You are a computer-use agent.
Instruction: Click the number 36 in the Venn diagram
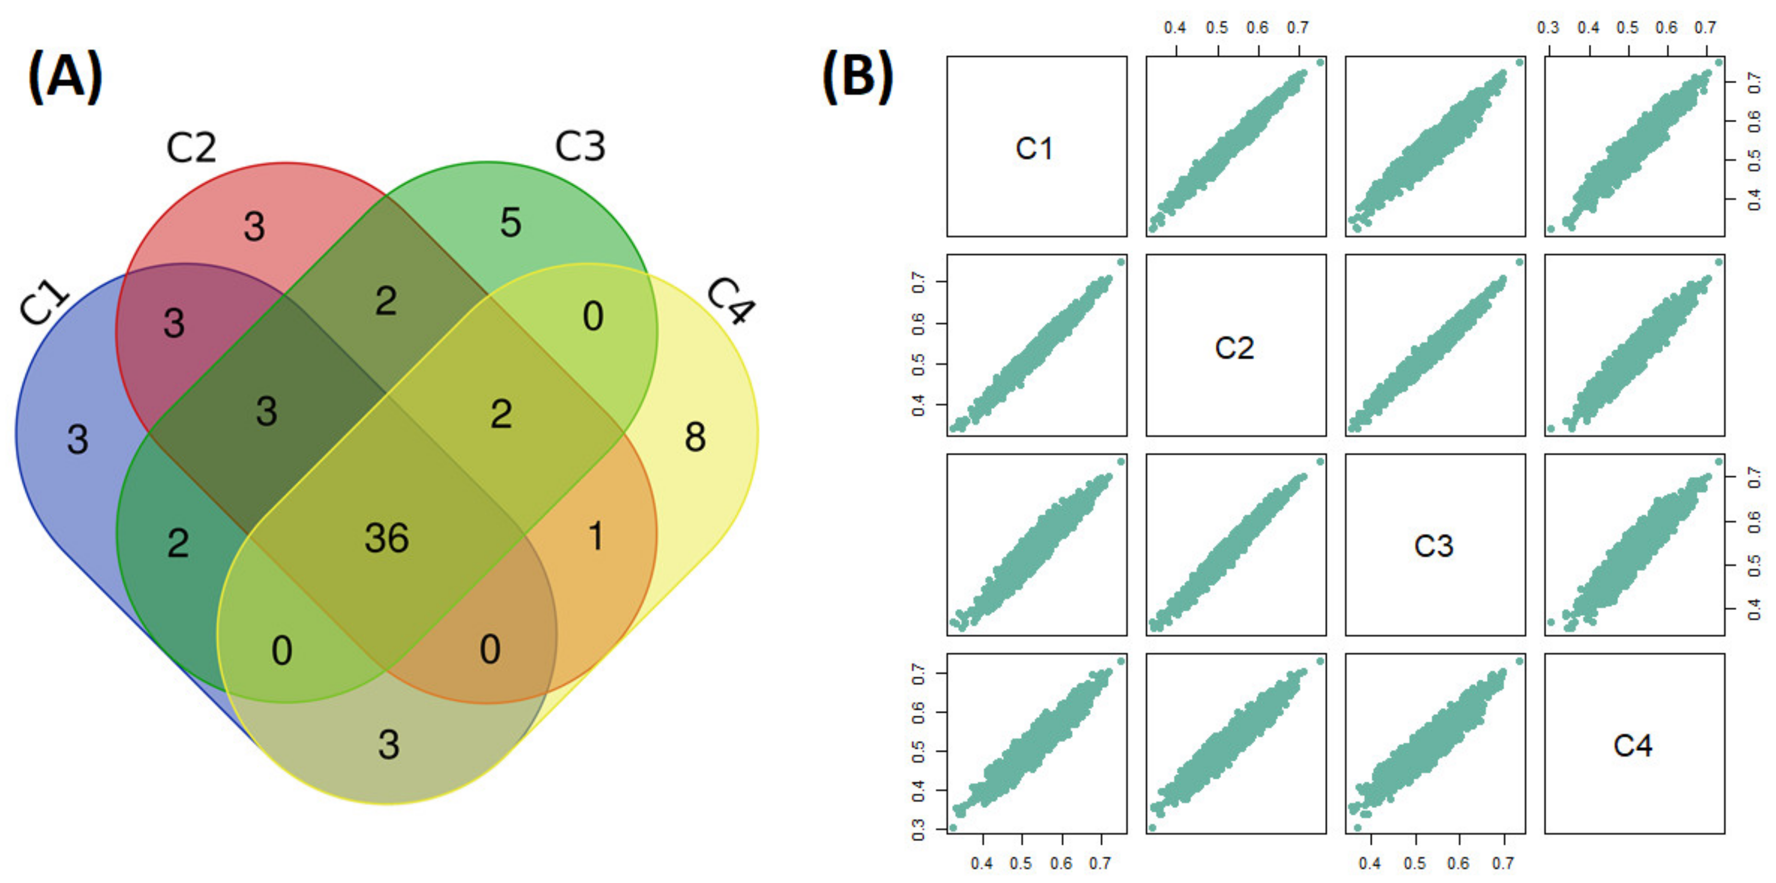[387, 539]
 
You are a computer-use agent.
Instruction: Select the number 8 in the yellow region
[695, 437]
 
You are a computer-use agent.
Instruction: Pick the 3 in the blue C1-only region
[78, 439]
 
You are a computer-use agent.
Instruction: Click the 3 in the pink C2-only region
[254, 226]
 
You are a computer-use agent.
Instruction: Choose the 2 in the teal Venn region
[178, 543]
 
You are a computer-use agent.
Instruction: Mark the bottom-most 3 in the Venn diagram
[389, 745]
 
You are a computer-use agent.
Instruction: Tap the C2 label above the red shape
[191, 147]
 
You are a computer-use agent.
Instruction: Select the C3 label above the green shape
[580, 146]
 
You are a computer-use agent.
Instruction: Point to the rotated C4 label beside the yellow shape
[731, 301]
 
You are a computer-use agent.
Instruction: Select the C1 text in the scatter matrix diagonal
[1034, 148]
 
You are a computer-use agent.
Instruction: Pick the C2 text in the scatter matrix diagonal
[1234, 348]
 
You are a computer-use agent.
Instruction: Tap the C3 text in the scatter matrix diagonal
[1434, 546]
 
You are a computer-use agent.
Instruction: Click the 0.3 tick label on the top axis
[1548, 28]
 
